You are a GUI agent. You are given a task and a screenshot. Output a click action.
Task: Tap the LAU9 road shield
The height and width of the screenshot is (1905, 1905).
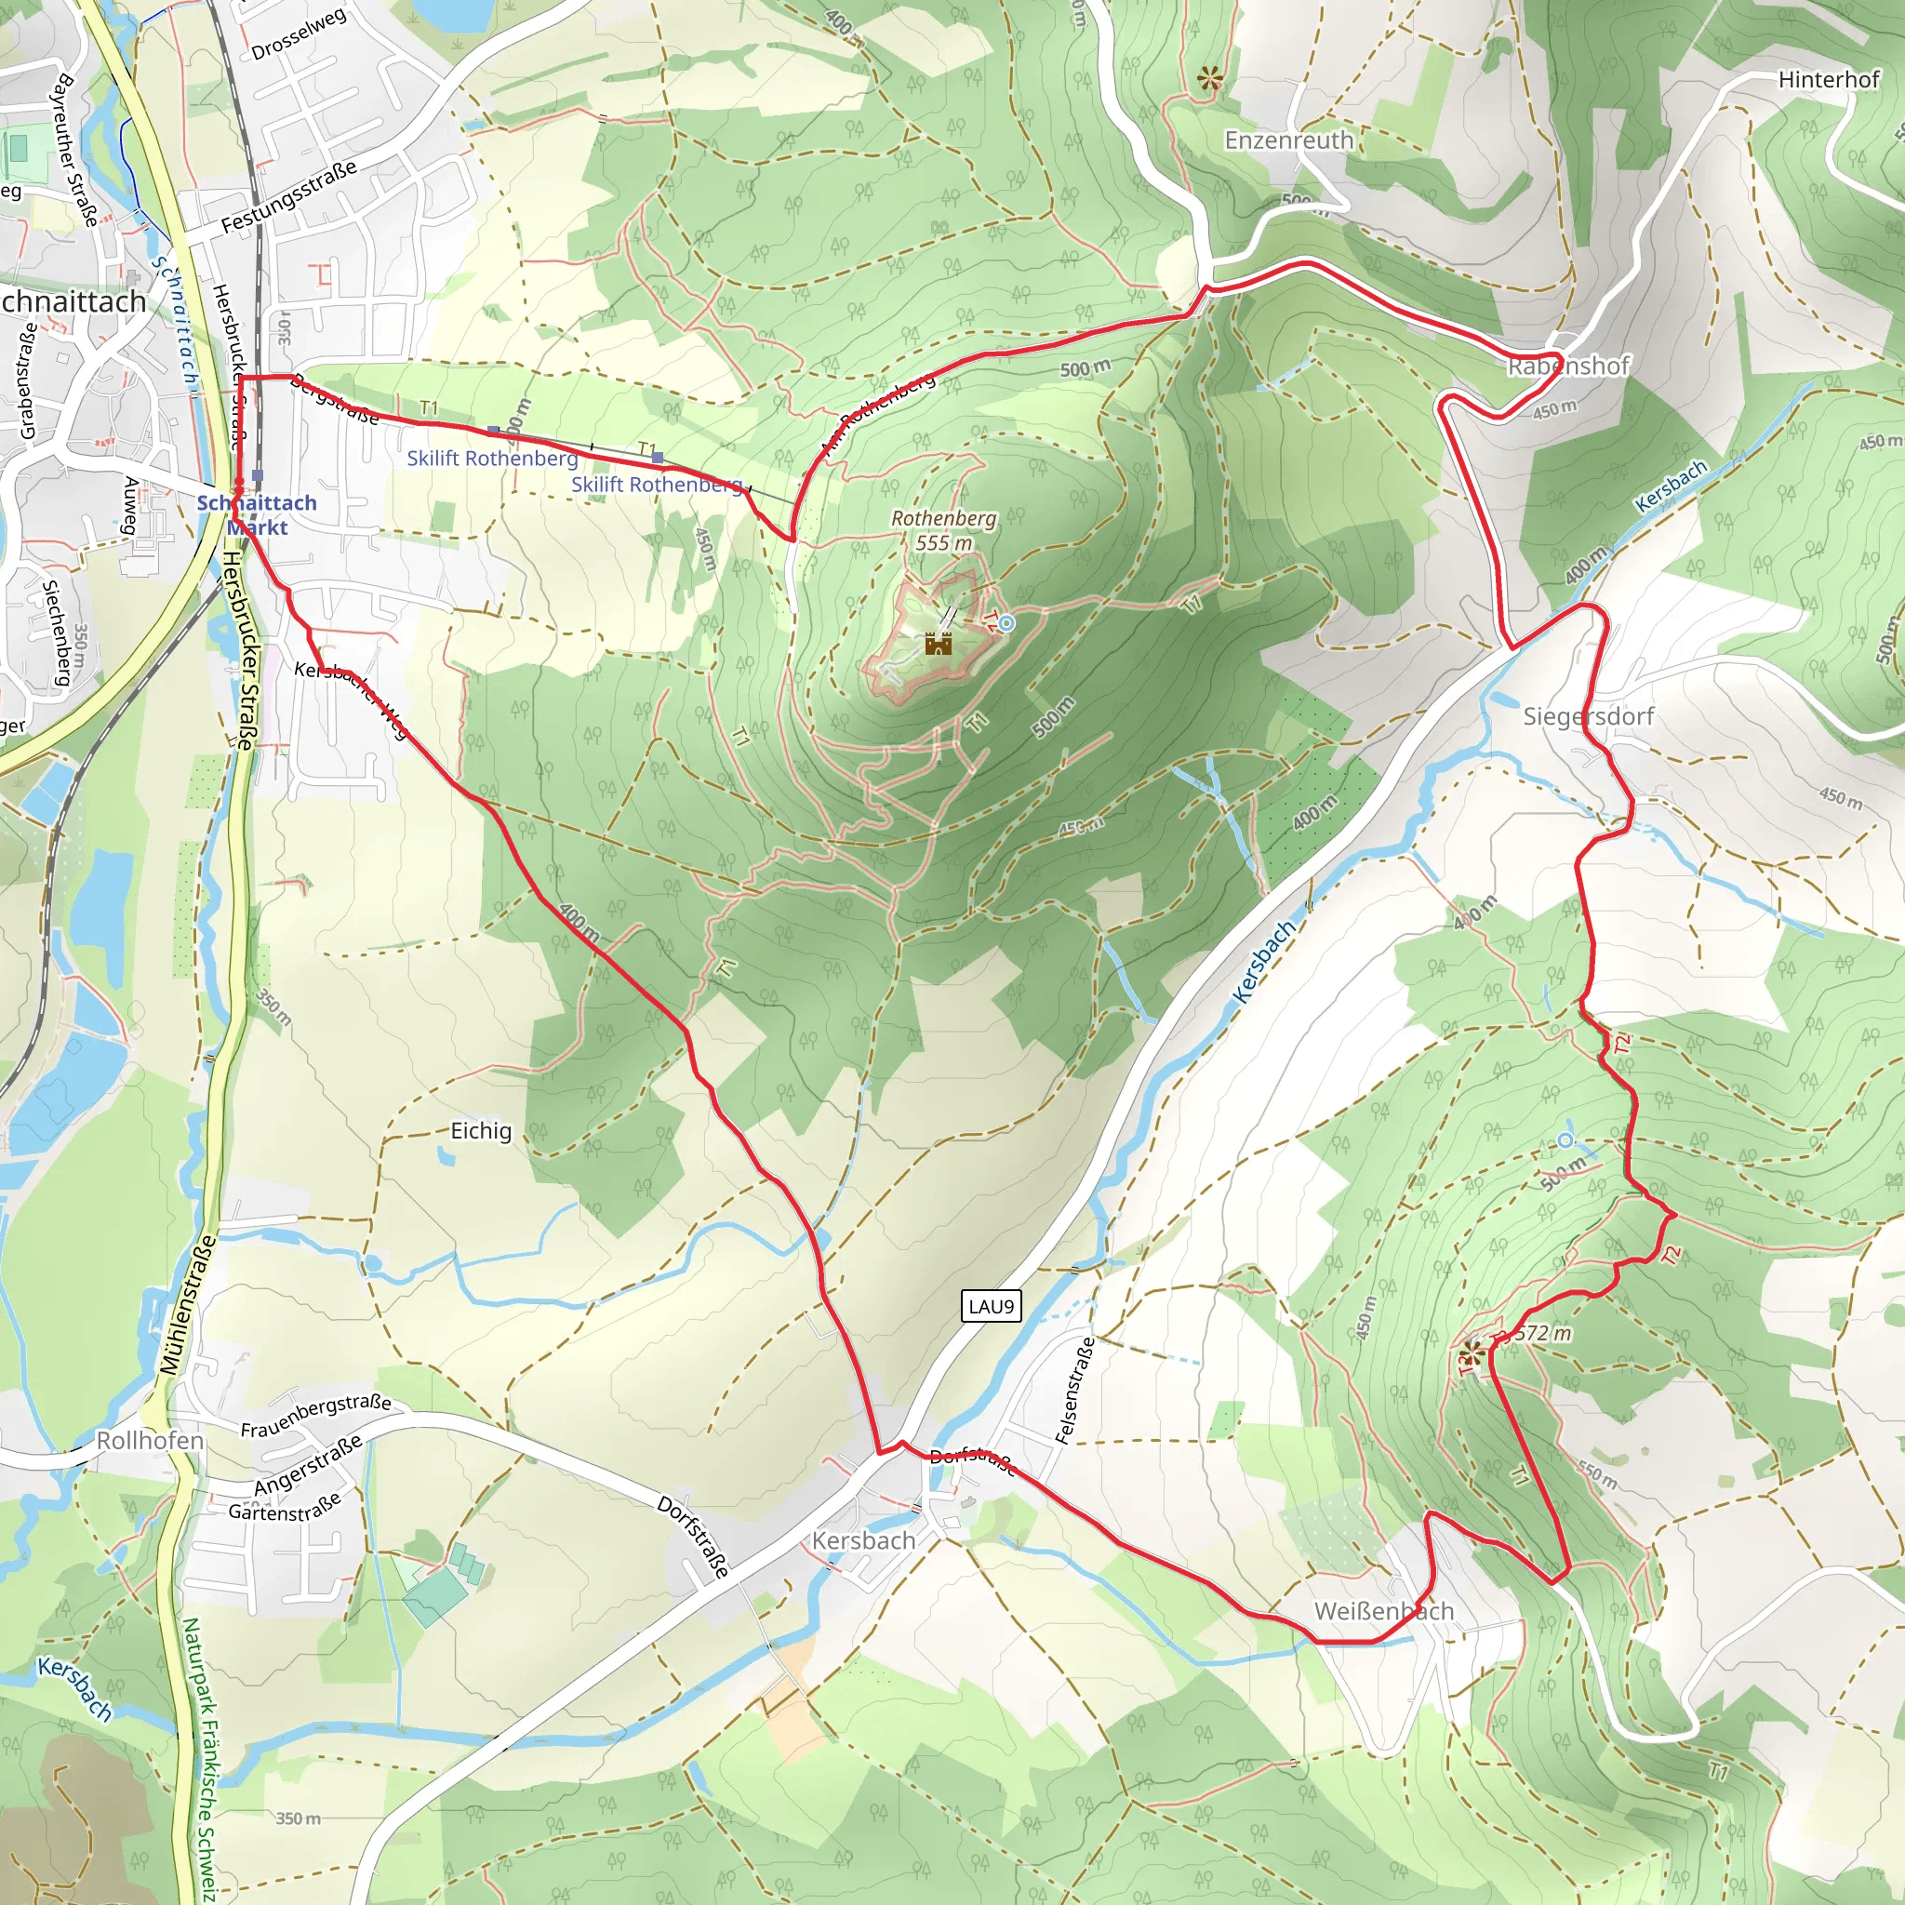click(991, 1307)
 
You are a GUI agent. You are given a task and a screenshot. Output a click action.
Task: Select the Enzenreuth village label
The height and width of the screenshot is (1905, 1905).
click(1288, 140)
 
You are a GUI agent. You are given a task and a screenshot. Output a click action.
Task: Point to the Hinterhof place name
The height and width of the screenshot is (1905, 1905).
click(1828, 80)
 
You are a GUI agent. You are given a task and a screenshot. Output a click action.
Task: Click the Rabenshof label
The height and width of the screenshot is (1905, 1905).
click(1567, 366)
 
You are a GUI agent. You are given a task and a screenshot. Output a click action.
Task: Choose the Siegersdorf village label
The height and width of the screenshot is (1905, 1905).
click(1588, 716)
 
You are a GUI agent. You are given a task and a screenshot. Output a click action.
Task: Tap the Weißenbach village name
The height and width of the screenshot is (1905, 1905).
click(1383, 1611)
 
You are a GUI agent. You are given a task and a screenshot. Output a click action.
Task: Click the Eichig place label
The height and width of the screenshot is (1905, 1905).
click(481, 1131)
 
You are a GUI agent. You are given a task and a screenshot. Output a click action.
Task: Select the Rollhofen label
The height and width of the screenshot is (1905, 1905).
click(150, 1441)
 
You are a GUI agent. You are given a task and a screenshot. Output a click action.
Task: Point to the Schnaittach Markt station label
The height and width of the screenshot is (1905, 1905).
click(257, 514)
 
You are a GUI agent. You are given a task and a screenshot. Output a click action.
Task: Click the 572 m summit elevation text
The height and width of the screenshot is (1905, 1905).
click(1542, 1334)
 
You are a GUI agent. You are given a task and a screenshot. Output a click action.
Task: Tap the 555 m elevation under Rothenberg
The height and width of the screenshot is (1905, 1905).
click(943, 543)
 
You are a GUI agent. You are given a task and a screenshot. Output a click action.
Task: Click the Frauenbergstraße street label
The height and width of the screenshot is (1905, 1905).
click(315, 1414)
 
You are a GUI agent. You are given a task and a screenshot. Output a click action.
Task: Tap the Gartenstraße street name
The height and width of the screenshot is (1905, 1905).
click(285, 1506)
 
